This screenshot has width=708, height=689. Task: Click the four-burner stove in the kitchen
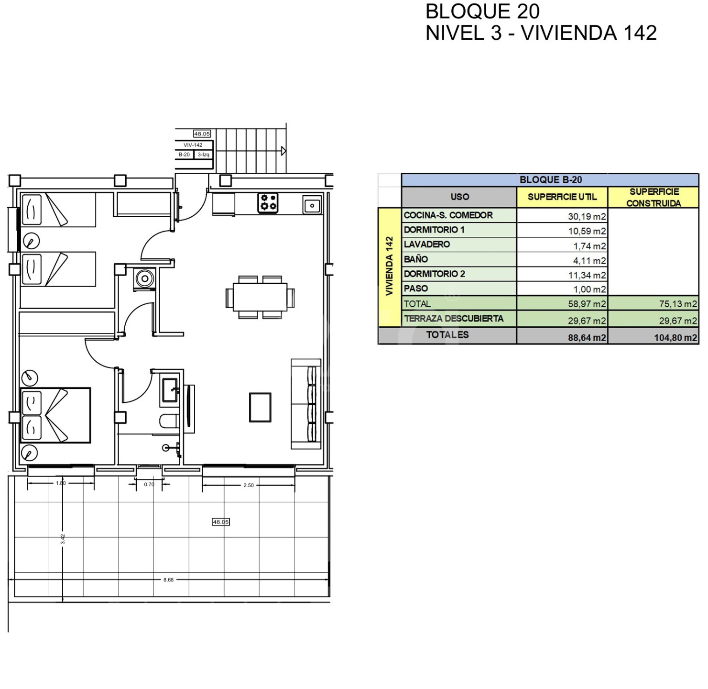pyautogui.click(x=268, y=202)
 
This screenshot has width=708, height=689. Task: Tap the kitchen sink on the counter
pyautogui.click(x=312, y=205)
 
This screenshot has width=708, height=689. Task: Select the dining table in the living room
pyautogui.click(x=260, y=297)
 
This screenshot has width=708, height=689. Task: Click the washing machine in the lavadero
pyautogui.click(x=145, y=279)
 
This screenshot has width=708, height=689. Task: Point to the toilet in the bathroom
pyautogui.click(x=170, y=421)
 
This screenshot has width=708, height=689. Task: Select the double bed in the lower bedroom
pyautogui.click(x=55, y=415)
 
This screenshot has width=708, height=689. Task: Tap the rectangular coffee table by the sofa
pyautogui.click(x=260, y=407)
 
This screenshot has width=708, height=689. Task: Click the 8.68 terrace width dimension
pyautogui.click(x=168, y=579)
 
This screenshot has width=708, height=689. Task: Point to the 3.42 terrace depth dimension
pyautogui.click(x=63, y=539)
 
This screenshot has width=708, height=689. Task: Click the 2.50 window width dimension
pyautogui.click(x=249, y=485)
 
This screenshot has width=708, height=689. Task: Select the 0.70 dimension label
pyautogui.click(x=149, y=484)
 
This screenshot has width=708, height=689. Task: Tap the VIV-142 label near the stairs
pyautogui.click(x=193, y=145)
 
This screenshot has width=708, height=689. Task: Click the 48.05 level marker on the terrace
pyautogui.click(x=220, y=522)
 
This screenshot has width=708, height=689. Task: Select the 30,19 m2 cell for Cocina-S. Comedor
pyautogui.click(x=587, y=216)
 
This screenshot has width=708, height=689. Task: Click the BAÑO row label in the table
pyautogui.click(x=415, y=259)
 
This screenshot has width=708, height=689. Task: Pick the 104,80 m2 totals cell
pyautogui.click(x=675, y=338)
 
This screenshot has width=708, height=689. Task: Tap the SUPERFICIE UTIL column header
pyautogui.click(x=562, y=197)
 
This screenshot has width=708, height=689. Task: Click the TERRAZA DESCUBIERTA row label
pyautogui.click(x=454, y=318)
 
